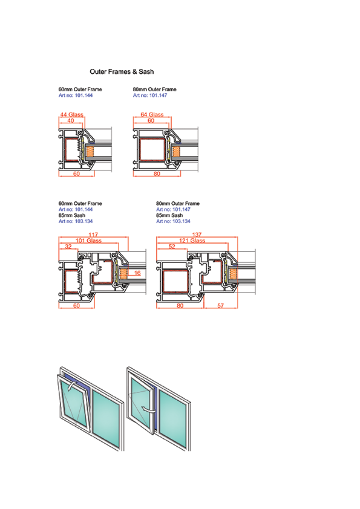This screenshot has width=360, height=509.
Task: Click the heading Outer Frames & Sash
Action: (x=122, y=72)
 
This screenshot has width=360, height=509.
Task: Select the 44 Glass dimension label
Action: (x=72, y=115)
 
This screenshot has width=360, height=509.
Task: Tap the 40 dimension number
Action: (x=71, y=121)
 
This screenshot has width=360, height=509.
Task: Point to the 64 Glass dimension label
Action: (x=152, y=115)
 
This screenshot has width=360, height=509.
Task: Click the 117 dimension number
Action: (x=93, y=235)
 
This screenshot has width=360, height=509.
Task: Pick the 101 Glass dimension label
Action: (x=89, y=241)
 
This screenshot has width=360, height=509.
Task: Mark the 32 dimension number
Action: (x=68, y=247)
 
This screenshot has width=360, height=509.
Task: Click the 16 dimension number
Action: (x=137, y=273)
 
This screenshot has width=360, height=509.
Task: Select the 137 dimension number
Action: (x=197, y=235)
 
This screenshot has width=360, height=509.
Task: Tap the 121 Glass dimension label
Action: (x=192, y=241)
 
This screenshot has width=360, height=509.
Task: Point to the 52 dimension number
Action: (x=172, y=247)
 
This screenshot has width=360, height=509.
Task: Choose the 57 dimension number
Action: (x=221, y=305)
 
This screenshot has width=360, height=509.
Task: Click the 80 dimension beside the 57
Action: (x=180, y=305)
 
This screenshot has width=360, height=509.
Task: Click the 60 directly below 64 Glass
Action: (x=151, y=121)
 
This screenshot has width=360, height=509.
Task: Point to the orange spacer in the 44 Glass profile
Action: (x=90, y=151)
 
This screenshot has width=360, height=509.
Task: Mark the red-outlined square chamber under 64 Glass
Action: (x=152, y=149)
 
